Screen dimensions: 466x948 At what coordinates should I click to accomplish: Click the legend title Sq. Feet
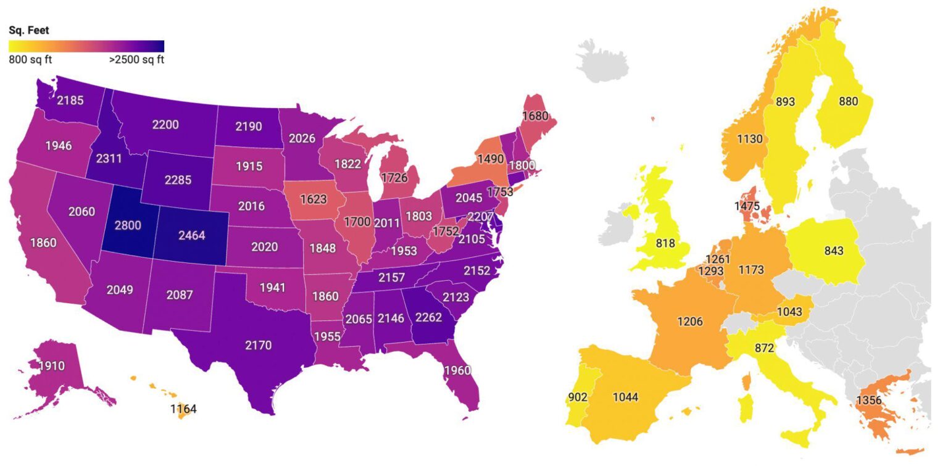click(28, 30)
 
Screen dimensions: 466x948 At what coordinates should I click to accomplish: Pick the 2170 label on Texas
click(258, 345)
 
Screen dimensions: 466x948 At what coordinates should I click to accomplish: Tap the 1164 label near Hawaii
click(183, 409)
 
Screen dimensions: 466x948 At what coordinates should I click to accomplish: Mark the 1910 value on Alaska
click(52, 366)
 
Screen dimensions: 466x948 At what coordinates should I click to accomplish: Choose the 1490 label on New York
click(491, 159)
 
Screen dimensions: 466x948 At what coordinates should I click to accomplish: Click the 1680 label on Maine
click(536, 115)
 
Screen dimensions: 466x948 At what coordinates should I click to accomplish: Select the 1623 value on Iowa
click(314, 199)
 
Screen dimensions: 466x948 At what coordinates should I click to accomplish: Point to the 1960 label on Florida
click(457, 370)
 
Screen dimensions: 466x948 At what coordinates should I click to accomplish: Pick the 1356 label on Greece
click(869, 401)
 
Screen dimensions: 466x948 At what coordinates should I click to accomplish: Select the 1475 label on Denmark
click(747, 206)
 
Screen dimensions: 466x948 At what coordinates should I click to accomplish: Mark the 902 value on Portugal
click(580, 397)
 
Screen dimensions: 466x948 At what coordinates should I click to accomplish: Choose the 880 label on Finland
click(849, 102)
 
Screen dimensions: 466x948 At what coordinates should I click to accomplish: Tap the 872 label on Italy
click(764, 348)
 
